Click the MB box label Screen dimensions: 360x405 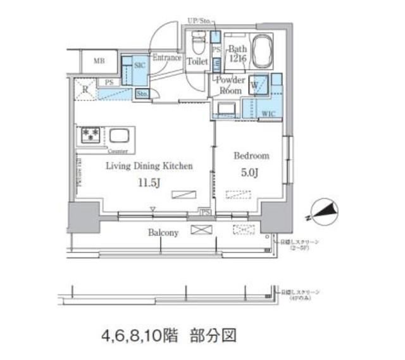pyautogui.click(x=99, y=61)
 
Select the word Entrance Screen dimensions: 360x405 pyautogui.click(x=166, y=58)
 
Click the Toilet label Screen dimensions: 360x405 pyautogui.click(x=198, y=61)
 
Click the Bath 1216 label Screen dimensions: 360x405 pyautogui.click(x=239, y=53)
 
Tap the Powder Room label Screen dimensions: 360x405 pyautogui.click(x=230, y=85)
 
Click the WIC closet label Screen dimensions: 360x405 pyautogui.click(x=268, y=114)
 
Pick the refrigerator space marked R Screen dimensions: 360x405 pyautogui.click(x=85, y=89)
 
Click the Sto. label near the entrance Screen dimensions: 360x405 pyautogui.click(x=142, y=94)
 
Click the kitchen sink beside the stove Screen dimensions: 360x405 pyautogui.click(x=118, y=135)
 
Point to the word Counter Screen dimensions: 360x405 pyautogui.click(x=118, y=152)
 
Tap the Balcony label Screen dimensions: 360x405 pyautogui.click(x=163, y=232)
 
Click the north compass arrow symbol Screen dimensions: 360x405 pyautogui.click(x=322, y=212)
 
